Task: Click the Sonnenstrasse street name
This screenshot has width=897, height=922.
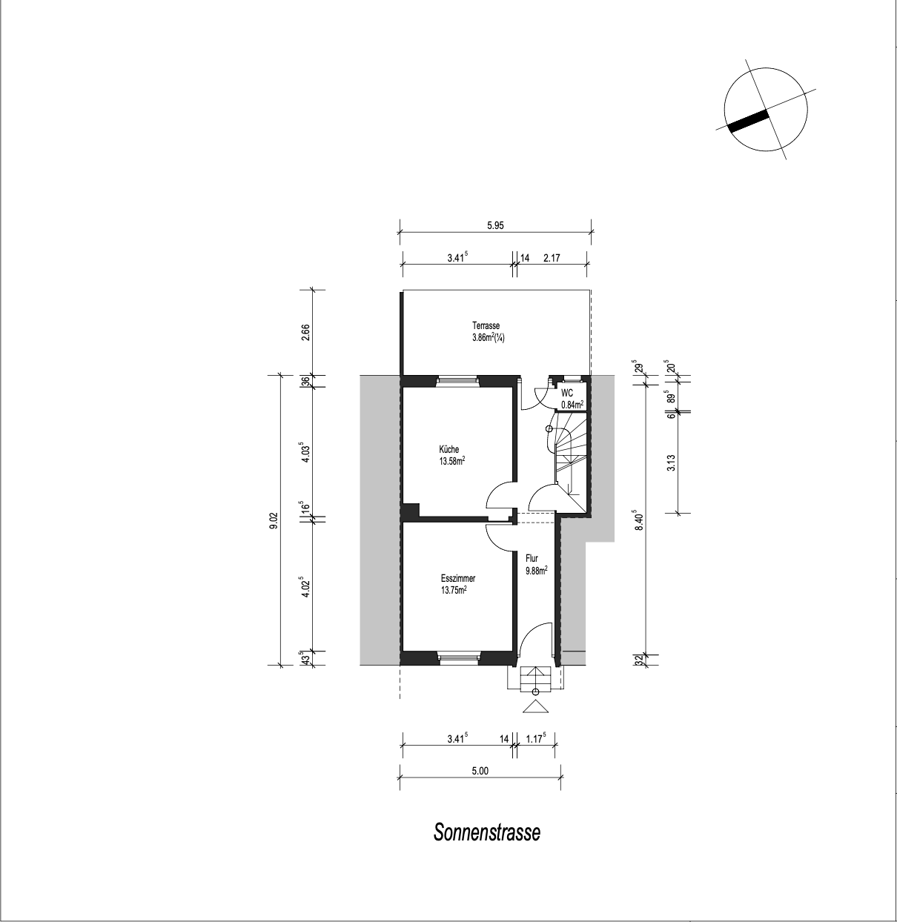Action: pos(486,832)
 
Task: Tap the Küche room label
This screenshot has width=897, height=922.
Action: pos(448,449)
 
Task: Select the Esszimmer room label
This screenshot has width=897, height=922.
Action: pos(457,579)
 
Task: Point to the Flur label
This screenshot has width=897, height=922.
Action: pos(532,559)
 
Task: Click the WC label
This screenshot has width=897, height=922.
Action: pos(566,394)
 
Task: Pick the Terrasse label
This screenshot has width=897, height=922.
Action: pos(486,326)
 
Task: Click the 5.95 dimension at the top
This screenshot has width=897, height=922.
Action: pos(495,225)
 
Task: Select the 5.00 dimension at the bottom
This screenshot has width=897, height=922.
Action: pos(480,771)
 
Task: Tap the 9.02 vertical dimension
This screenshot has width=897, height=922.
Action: pos(274,520)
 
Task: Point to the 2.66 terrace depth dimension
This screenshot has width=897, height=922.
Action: pos(305,333)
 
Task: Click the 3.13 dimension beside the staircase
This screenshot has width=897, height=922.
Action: pos(671,462)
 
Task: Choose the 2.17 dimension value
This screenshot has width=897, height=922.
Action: pos(552,258)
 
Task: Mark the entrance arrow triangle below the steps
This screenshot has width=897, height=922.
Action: pos(535,707)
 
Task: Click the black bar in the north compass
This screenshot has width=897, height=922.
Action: pos(748,121)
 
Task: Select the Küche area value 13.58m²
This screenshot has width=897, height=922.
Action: pos(451,462)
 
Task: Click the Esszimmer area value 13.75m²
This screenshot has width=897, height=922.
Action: pos(454,591)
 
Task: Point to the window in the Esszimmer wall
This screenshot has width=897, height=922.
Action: pos(457,657)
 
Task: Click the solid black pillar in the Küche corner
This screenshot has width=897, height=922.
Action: pos(411,511)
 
